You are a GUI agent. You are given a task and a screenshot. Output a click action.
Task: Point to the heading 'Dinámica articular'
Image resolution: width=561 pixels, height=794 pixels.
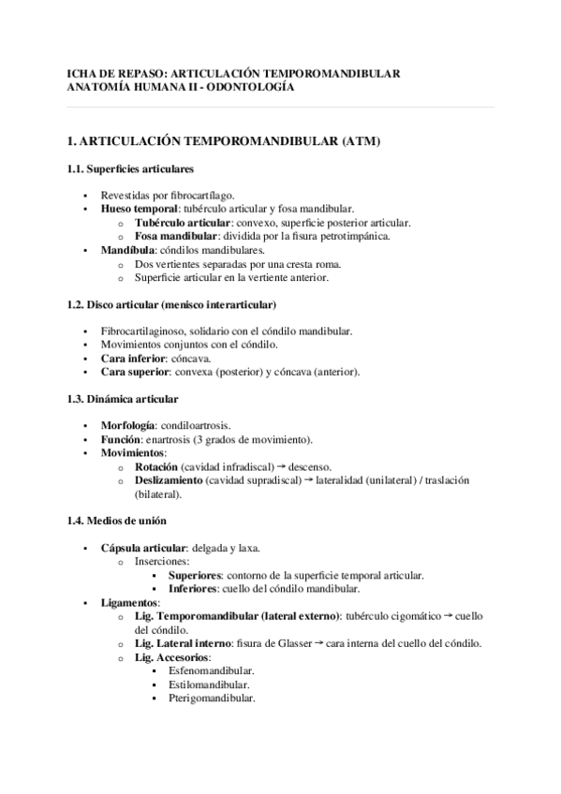128,399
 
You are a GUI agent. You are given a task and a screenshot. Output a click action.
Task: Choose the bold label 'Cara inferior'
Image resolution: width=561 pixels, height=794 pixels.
133,358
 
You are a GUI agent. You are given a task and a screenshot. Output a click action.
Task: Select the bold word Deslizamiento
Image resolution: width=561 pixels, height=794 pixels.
169,479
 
